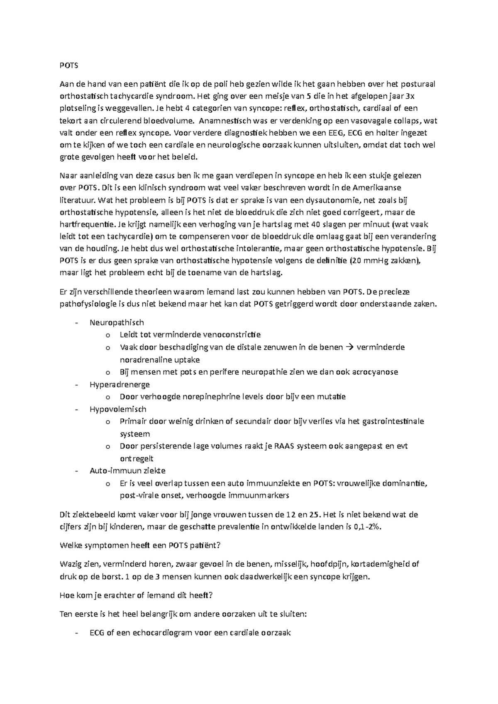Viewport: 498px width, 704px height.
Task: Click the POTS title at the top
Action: [x=69, y=66]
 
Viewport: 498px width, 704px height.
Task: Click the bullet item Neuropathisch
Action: [x=117, y=322]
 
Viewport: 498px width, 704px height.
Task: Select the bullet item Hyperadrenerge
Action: [x=120, y=384]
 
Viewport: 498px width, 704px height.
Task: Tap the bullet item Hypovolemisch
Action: [x=118, y=409]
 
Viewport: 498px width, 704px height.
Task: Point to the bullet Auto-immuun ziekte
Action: [x=127, y=471]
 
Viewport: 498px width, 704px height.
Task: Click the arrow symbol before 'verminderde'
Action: [x=349, y=347]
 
